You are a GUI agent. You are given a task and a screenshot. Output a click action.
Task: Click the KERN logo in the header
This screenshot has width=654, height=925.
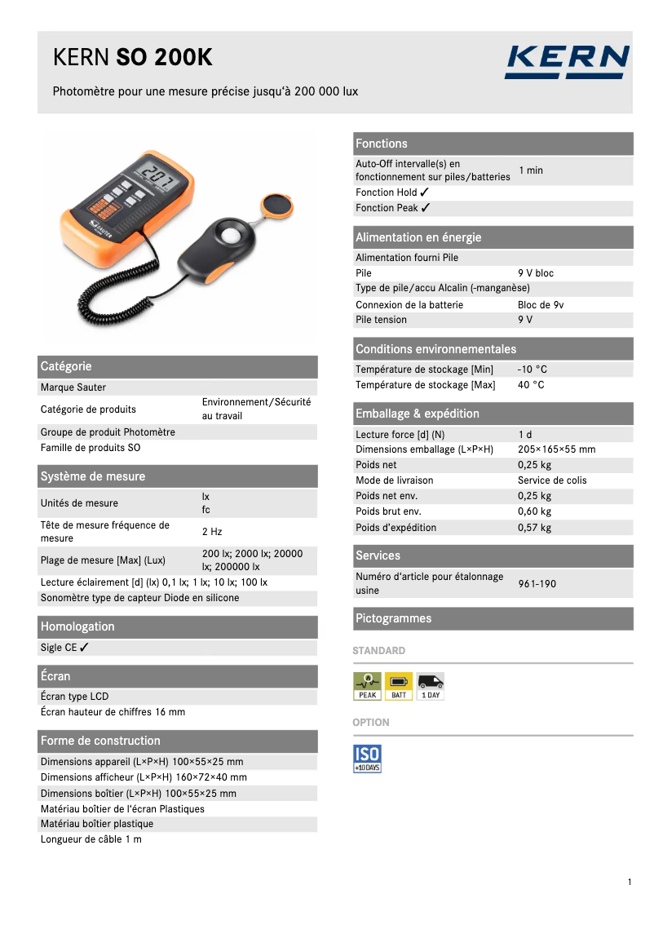coord(567,62)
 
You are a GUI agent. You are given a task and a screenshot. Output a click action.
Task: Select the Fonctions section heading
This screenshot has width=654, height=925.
coord(382,144)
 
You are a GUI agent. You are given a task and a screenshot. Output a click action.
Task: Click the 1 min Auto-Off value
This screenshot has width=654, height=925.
coord(531,170)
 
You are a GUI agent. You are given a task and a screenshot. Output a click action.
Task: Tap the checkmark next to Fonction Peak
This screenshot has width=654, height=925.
coord(426,208)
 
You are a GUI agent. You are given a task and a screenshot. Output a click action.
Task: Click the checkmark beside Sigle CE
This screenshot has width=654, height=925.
coord(85,648)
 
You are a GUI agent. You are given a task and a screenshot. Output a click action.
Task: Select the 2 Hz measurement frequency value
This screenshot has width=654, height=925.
coord(212,532)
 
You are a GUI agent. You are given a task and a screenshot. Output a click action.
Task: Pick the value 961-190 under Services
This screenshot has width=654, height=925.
coord(537,584)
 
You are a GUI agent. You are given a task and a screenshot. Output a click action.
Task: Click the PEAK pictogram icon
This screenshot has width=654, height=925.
coord(367,686)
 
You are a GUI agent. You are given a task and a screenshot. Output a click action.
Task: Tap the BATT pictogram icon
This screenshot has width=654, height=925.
coord(399,686)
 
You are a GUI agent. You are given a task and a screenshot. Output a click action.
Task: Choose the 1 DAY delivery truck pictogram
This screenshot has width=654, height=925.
coord(431,686)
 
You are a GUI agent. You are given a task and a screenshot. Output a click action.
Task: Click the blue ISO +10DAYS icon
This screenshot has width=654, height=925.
coord(367,758)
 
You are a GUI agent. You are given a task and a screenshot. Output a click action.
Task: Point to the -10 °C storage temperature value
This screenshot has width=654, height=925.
coord(532,370)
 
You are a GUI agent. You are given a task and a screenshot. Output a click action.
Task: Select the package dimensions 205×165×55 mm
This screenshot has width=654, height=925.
coord(557,449)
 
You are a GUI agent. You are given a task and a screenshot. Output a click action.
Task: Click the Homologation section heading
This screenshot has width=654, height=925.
coord(77,626)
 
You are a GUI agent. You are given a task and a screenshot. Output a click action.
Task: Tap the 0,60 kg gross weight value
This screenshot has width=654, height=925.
coord(534,511)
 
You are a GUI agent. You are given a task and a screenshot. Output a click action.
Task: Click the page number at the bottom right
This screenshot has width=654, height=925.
coord(630,882)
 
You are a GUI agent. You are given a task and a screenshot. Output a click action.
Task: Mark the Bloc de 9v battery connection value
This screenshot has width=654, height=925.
coord(541,305)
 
